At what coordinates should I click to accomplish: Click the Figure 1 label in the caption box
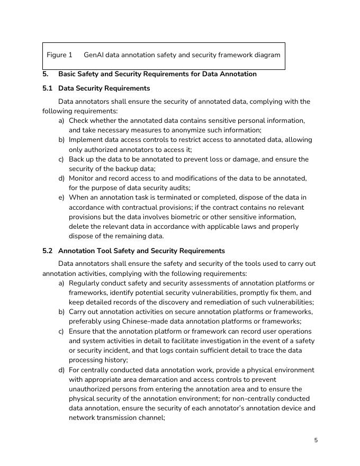59,55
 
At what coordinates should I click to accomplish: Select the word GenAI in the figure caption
94,55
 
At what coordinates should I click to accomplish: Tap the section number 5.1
48,88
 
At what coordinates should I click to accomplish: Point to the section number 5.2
48,251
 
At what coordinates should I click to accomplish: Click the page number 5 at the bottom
316,440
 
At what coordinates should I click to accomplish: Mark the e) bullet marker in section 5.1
62,198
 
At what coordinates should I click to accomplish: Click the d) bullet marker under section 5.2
62,370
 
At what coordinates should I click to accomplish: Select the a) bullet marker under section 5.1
62,121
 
